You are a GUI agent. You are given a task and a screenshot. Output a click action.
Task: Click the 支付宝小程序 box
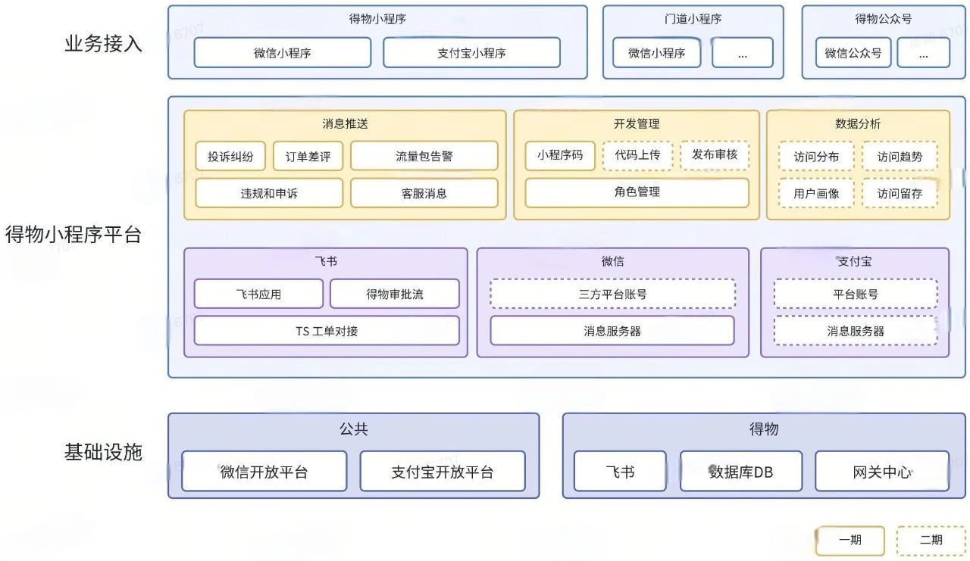point(471,53)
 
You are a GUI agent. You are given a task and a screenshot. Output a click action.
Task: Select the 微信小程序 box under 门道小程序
point(656,53)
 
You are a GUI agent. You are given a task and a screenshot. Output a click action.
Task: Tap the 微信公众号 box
point(853,53)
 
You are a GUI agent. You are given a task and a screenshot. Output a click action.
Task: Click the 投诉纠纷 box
point(230,157)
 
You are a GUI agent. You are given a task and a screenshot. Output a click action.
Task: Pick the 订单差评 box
point(308,157)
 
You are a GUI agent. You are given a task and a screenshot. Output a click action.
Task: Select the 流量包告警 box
point(424,156)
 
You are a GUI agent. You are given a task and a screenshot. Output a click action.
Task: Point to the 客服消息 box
point(424,193)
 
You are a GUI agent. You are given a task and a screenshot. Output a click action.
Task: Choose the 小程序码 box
point(560,155)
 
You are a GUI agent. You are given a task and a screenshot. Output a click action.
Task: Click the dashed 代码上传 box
point(637,155)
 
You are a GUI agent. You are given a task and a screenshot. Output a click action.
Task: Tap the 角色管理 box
point(637,192)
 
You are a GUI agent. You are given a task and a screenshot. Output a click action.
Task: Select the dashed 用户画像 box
point(816,194)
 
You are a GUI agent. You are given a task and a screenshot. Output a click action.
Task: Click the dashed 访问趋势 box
point(900,157)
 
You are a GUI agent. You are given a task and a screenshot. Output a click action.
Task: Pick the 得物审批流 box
point(394,294)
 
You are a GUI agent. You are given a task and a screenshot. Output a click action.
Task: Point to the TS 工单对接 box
point(327,331)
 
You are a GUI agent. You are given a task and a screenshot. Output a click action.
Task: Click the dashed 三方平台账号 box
point(612,294)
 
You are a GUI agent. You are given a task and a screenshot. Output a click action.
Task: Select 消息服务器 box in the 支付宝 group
point(855,331)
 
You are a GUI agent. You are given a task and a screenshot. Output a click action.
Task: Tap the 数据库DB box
point(740,472)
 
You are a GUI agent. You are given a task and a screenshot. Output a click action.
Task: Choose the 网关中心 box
point(881,472)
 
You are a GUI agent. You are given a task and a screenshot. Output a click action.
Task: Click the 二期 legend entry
point(931,541)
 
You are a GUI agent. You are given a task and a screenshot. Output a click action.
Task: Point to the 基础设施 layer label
point(103,453)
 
